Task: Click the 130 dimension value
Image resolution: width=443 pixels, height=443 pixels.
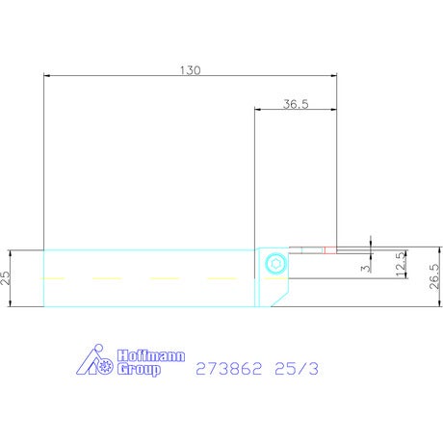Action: coord(190,70)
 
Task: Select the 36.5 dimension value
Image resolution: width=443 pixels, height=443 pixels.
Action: coord(296,104)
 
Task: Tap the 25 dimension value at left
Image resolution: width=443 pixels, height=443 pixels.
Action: coord(6,278)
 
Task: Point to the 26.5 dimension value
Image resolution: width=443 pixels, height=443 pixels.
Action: coord(434,276)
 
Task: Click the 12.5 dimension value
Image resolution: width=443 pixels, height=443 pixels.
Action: coord(401,264)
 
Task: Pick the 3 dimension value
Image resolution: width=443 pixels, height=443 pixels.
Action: coord(366,268)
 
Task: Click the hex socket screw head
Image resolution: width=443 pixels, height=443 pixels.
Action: coord(275,264)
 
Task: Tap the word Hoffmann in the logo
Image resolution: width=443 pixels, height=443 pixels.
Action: coord(151,356)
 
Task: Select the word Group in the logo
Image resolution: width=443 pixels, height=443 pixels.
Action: coord(139,370)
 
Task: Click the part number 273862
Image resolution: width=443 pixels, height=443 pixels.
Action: coord(229,369)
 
